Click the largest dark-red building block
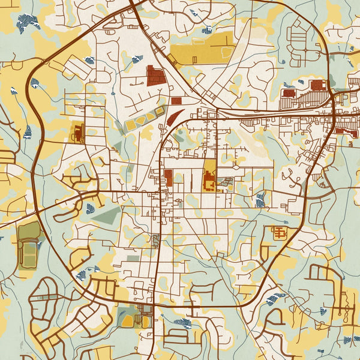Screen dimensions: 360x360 (x=156, y=76)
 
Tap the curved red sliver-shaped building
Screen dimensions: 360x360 (x=175, y=116)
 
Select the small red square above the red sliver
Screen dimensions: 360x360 (x=176, y=101)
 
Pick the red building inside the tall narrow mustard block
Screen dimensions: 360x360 (x=209, y=181)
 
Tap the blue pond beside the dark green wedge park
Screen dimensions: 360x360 (x=90, y=208)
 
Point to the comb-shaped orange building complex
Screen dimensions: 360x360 (x=280, y=232)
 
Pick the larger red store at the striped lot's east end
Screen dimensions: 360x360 (x=319, y=85)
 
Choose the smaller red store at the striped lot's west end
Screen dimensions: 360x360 (x=289, y=93)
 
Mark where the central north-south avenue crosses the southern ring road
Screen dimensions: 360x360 (x=155, y=305)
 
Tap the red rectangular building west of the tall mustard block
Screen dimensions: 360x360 (x=168, y=177)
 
